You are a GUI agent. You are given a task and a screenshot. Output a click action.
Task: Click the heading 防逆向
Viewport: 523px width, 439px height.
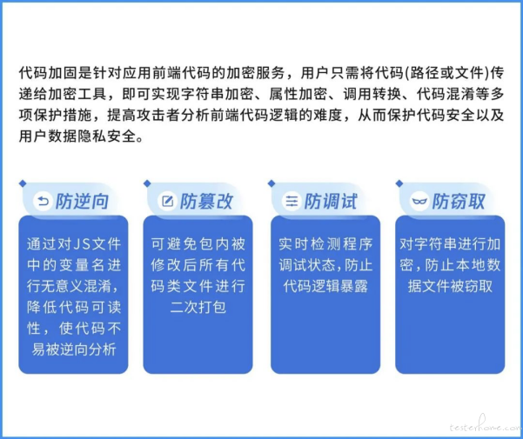(82, 201)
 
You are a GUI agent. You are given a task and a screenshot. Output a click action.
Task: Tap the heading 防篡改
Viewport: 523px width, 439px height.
(206, 201)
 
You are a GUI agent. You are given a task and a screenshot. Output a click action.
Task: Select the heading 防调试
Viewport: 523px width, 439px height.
(331, 201)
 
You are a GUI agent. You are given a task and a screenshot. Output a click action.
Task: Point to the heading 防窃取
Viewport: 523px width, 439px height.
(459, 201)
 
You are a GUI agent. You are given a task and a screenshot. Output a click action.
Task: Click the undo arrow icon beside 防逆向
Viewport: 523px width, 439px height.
(43, 201)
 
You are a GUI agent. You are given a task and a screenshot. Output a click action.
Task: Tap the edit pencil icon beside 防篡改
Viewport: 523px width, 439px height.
(167, 201)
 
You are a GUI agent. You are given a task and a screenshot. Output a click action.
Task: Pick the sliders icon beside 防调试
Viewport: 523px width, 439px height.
(292, 201)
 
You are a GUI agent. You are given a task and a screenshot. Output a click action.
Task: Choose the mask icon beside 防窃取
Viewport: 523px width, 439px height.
(419, 201)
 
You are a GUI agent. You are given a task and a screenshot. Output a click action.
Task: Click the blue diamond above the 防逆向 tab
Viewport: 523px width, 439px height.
(23, 183)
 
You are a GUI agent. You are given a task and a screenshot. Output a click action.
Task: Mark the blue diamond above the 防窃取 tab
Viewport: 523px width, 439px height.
(399, 183)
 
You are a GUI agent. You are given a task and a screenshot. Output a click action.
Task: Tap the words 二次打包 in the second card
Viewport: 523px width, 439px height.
(198, 307)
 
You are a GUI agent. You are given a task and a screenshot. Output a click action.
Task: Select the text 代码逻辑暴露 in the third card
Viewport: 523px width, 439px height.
(325, 286)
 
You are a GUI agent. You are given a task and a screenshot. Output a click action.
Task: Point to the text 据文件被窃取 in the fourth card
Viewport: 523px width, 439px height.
(450, 286)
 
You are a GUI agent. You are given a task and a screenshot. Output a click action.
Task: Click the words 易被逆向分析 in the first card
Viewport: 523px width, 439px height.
(74, 349)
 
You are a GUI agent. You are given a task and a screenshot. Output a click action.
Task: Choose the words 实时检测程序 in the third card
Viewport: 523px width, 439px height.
(325, 244)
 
